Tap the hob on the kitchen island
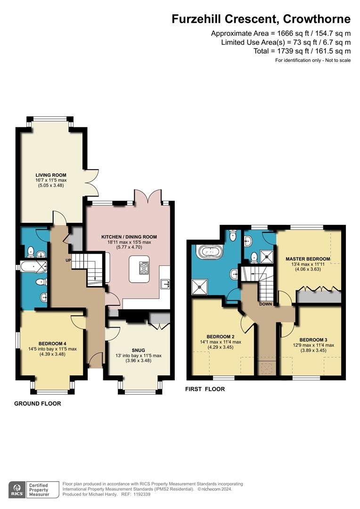[x=144, y=268]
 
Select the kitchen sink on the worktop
[x=165, y=283]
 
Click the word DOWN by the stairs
[x=266, y=304]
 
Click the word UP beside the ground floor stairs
[x=67, y=260]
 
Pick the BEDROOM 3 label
[x=313, y=340]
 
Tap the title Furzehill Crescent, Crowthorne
[x=261, y=19]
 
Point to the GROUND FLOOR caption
[x=37, y=403]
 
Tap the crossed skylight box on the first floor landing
[x=267, y=368]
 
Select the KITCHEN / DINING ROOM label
[x=129, y=237]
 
